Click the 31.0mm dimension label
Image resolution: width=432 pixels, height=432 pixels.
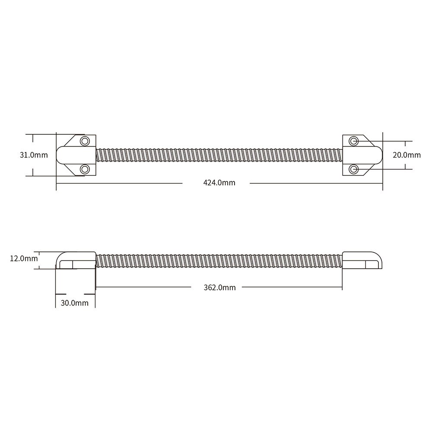34,155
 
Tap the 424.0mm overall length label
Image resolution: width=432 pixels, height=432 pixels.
219,183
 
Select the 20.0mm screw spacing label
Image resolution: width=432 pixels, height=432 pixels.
406,155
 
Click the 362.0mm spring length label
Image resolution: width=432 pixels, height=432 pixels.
219,287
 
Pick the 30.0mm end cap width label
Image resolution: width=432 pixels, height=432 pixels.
74,303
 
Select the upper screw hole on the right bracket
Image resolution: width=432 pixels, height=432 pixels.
354,141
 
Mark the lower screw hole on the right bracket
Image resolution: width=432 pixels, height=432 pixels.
354,169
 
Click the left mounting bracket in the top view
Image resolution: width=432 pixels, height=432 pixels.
76,155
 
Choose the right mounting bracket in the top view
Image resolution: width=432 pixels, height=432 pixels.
362,155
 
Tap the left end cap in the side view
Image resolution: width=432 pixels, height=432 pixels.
76,260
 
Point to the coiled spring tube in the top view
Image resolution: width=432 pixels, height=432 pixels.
219,155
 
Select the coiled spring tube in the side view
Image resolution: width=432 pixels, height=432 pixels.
219,260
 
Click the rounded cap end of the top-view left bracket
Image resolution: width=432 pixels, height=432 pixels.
61,155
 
